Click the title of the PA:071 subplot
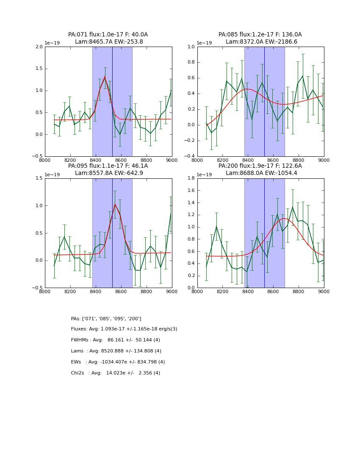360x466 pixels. click(x=108, y=35)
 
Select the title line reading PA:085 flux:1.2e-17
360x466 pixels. click(x=260, y=35)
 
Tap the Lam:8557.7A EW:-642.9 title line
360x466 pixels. click(x=108, y=173)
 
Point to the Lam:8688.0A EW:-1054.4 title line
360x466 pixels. click(x=260, y=173)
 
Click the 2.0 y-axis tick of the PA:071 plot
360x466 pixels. click(x=39, y=47)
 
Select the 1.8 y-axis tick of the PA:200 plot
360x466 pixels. click(x=191, y=178)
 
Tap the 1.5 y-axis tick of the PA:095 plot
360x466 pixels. click(x=39, y=178)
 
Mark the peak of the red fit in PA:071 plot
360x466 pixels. click(x=105, y=77)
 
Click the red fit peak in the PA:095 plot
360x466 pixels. click(x=115, y=205)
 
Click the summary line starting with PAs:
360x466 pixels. click(x=106, y=319)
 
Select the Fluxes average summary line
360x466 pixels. click(x=124, y=329)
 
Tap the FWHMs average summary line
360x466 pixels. click(x=115, y=340)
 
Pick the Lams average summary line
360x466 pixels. click(x=116, y=351)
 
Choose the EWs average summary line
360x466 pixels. click(x=118, y=362)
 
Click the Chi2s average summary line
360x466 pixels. click(x=115, y=373)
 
